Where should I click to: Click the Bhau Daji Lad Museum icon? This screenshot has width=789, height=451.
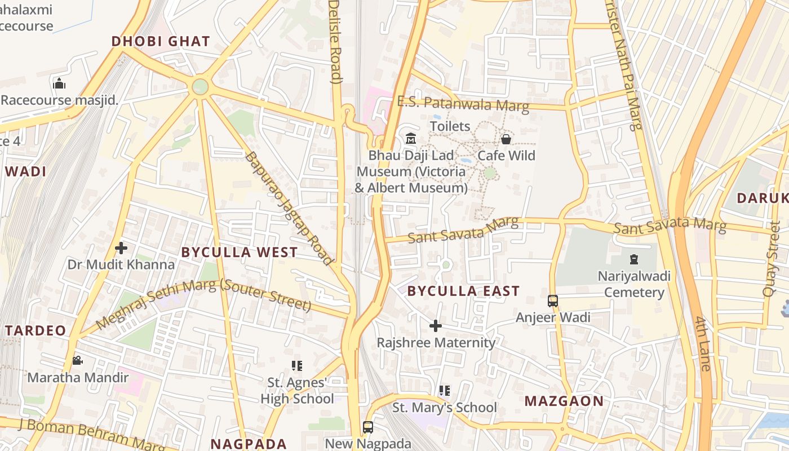411,138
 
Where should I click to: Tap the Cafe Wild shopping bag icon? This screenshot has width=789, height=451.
506,139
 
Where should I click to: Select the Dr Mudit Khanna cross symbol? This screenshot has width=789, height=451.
121,247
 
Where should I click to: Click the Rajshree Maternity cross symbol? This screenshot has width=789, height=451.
435,326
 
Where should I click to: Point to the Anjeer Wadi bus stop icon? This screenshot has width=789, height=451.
553,301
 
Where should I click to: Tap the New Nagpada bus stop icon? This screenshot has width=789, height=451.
368,427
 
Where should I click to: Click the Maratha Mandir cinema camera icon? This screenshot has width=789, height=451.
77,360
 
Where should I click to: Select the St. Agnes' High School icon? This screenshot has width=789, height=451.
297,366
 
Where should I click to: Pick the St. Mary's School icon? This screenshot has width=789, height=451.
444,390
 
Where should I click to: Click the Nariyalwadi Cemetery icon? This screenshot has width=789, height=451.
634,260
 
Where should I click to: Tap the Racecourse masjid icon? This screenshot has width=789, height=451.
59,84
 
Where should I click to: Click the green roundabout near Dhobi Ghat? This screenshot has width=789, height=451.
200,87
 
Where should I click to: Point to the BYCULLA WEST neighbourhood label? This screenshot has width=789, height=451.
240,252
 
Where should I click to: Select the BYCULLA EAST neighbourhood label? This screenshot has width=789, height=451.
463,291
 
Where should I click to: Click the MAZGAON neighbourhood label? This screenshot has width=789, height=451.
564,401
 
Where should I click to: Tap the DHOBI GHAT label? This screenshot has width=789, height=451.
161,41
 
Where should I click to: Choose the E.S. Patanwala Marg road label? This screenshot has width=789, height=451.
463,104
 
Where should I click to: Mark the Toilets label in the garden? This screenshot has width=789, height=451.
450,126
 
